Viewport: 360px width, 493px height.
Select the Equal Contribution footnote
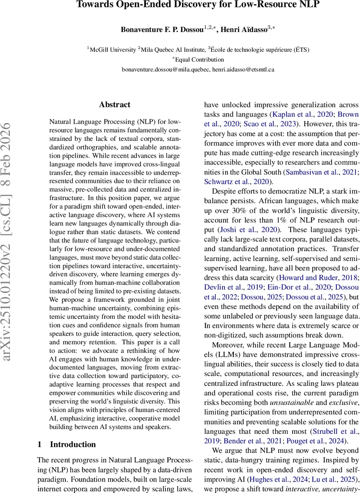pyautogui.click(x=198, y=60)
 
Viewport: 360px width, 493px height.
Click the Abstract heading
pyautogui.click(x=115, y=105)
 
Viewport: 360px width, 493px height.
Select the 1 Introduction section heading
pyautogui.click(x=67, y=445)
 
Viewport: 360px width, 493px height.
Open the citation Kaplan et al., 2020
pyautogui.click(x=294, y=114)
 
